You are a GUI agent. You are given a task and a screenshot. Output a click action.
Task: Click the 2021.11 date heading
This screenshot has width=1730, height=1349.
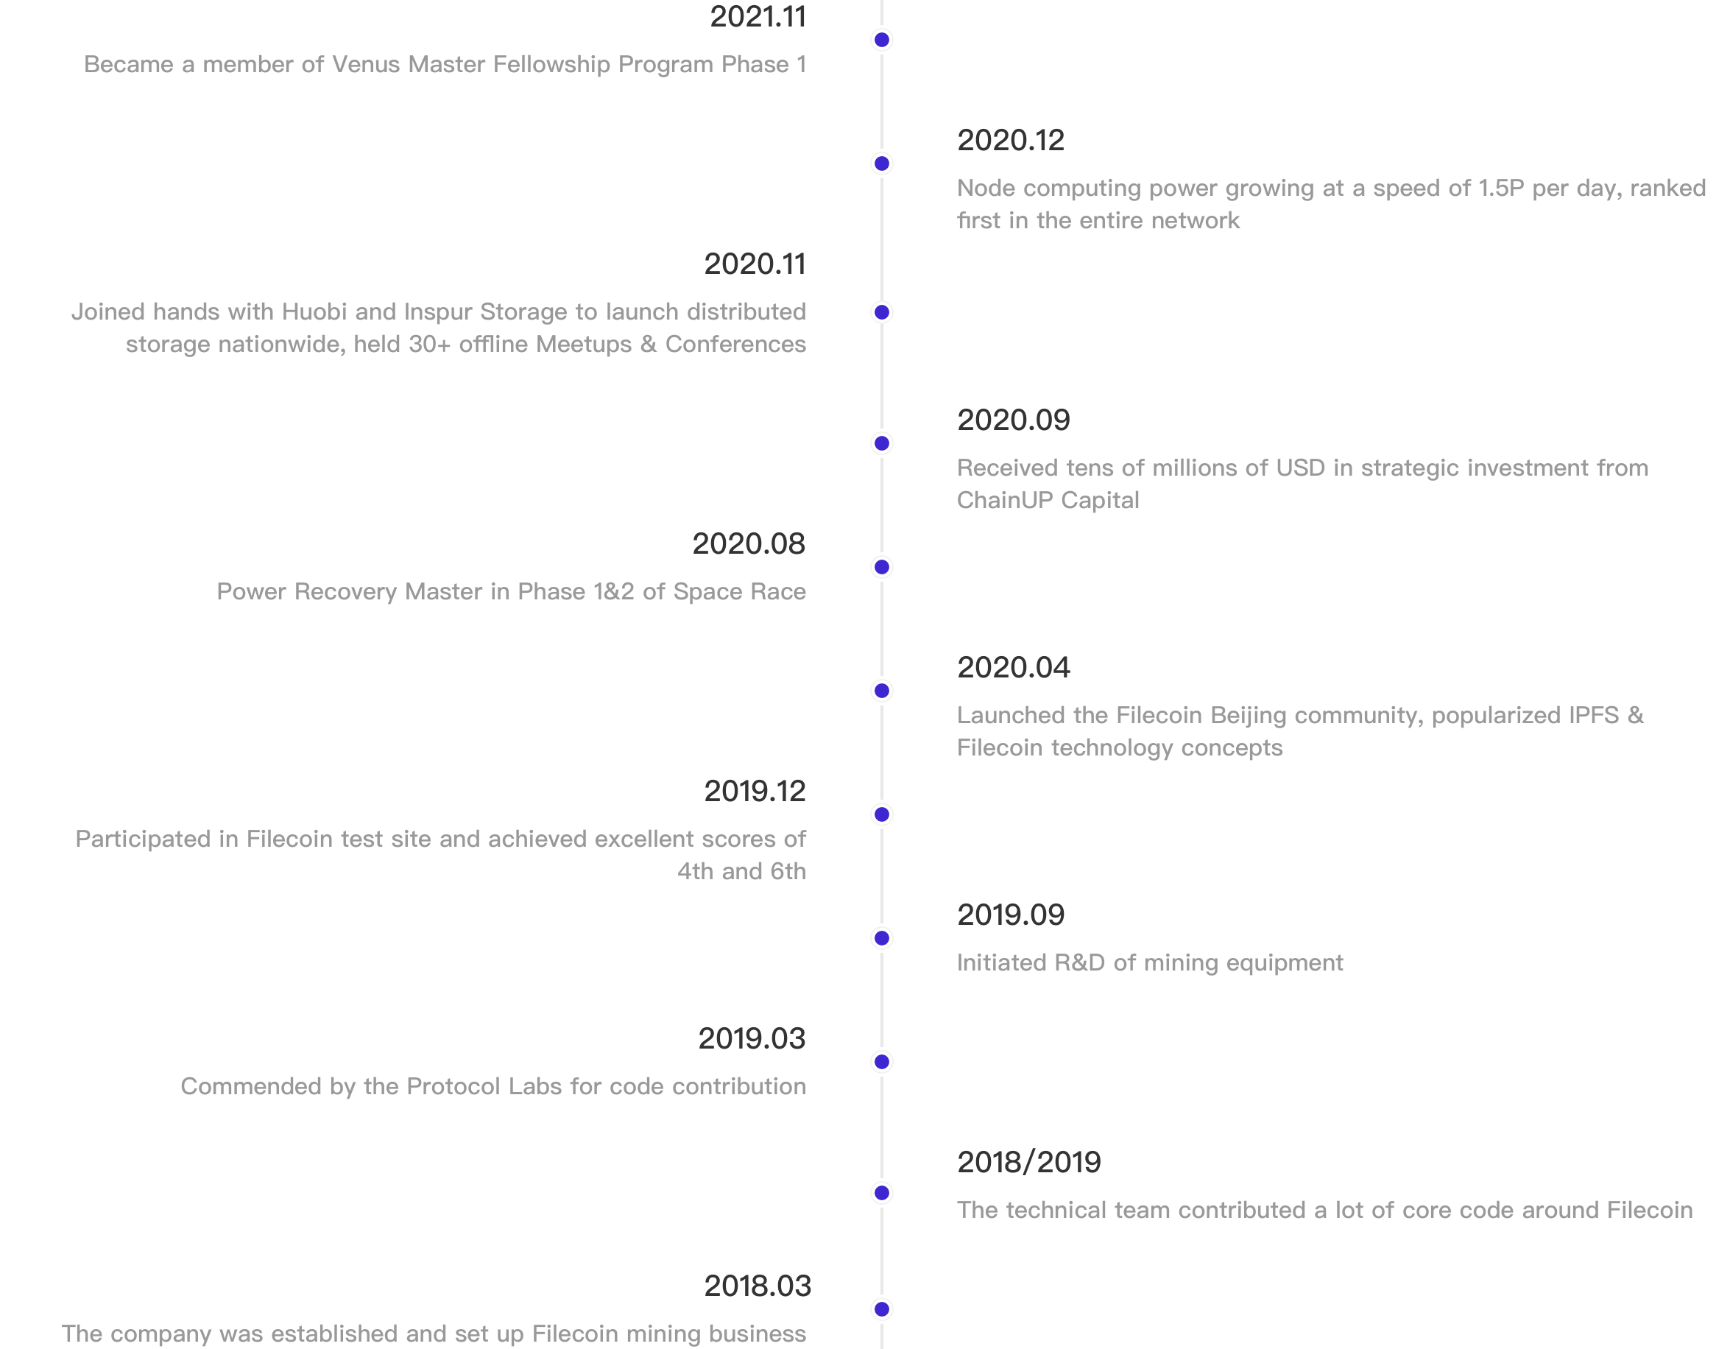pyautogui.click(x=758, y=17)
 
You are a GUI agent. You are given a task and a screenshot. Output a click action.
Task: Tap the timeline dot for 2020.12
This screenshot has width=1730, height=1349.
pyautogui.click(x=882, y=164)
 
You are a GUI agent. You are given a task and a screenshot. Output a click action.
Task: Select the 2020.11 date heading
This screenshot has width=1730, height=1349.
pyautogui.click(x=755, y=264)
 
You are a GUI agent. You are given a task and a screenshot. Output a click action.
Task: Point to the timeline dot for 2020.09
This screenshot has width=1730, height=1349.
pyautogui.click(x=882, y=443)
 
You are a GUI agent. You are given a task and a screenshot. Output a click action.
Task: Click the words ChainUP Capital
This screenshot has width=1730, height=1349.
pyautogui.click(x=1048, y=500)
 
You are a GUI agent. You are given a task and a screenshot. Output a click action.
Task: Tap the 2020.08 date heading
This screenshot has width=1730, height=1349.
pyautogui.click(x=749, y=543)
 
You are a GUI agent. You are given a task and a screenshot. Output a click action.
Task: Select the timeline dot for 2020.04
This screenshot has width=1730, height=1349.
pyautogui.click(x=882, y=691)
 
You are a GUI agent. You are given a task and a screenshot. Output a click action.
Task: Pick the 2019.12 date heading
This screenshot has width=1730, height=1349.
pyautogui.click(x=755, y=791)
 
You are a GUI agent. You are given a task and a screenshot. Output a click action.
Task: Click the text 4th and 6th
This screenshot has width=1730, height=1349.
pyautogui.click(x=741, y=871)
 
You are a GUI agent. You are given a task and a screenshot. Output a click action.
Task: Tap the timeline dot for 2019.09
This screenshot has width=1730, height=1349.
pyautogui.click(x=882, y=939)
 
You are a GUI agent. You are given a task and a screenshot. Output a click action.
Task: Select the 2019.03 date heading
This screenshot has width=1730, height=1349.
pyautogui.click(x=752, y=1038)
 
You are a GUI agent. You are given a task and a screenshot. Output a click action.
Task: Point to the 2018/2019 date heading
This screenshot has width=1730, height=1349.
pyautogui.click(x=1029, y=1162)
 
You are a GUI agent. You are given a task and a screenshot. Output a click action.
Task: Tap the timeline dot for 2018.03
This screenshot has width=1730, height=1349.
pyautogui.click(x=882, y=1309)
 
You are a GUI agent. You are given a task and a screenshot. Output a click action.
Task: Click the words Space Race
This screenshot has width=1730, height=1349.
pyautogui.click(x=740, y=592)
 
